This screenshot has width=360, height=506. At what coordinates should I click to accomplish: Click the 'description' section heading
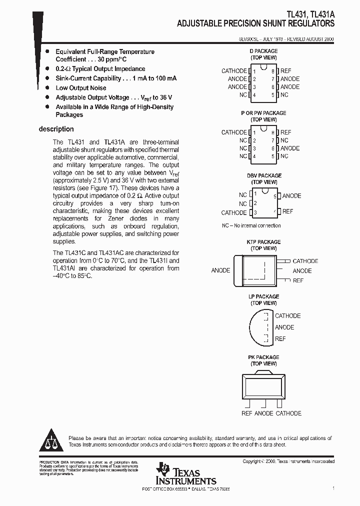pos(56,129)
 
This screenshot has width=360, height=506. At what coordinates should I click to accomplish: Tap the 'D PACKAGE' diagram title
pos(263,51)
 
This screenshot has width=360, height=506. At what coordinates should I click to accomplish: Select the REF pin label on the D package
pos(285,71)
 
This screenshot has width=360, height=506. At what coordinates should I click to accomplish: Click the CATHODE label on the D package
pos(234,71)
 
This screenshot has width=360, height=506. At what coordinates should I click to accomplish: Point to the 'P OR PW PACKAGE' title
pos(263,113)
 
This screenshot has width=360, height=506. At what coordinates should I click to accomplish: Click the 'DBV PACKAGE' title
pos(264,175)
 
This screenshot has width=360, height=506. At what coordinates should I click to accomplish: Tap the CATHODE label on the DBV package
pos(234,212)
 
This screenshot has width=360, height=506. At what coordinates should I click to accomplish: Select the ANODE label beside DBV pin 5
pos(291,196)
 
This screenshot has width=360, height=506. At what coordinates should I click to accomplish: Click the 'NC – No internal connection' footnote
pos(251,225)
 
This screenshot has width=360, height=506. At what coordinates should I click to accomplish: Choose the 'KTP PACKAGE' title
pos(263,242)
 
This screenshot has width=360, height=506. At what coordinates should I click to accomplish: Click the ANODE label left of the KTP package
pos(220,270)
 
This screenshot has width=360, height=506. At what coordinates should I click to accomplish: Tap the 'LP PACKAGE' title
pos(263,296)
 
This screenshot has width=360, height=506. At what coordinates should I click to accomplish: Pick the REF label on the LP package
pos(280,339)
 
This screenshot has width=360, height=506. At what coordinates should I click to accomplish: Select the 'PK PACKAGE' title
pos(263,357)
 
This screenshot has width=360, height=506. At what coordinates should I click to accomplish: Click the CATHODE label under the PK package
pos(288,413)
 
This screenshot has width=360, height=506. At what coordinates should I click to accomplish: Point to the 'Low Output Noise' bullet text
pos(80,88)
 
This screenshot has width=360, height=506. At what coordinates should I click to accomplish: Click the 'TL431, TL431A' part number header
pos(311,15)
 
